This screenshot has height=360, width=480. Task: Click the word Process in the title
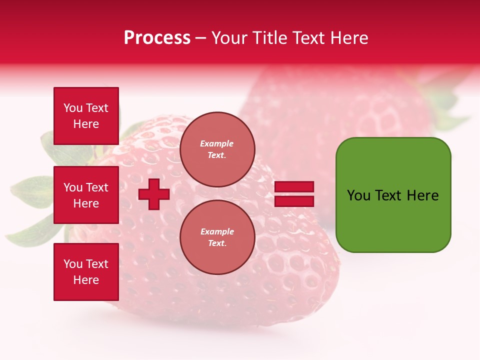click(157, 38)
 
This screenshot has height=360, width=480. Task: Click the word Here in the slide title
click(348, 38)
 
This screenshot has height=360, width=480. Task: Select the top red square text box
click(86, 116)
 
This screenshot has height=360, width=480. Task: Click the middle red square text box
click(86, 195)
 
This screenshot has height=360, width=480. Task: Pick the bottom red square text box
click(86, 271)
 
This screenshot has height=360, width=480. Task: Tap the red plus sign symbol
click(154, 194)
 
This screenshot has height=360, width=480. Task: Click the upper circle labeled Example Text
click(217, 149)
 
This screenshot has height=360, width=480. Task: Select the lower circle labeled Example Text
click(217, 237)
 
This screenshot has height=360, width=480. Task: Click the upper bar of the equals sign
click(294, 187)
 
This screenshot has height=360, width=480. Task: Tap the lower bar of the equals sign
click(294, 201)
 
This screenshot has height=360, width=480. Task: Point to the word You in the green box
click(359, 195)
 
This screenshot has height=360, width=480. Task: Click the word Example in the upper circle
click(216, 143)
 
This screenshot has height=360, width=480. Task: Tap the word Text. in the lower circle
click(217, 243)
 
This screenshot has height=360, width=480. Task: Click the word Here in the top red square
click(86, 124)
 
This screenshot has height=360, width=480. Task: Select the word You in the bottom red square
click(73, 264)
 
